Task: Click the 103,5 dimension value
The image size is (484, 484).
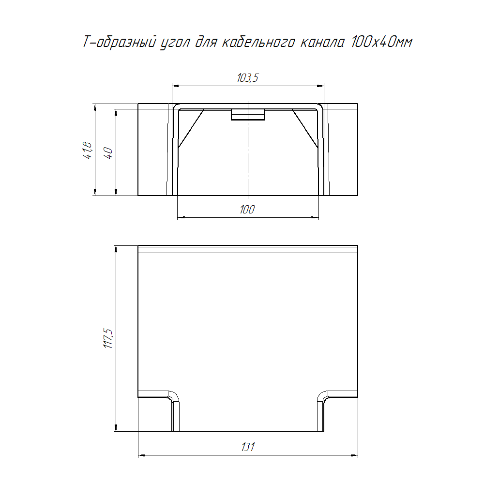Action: tap(247, 77)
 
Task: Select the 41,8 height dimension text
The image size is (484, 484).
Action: tap(88, 151)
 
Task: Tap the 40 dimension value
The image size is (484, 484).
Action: tap(108, 153)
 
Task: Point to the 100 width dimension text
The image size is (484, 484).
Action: tap(247, 210)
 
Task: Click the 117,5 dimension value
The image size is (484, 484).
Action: tap(108, 339)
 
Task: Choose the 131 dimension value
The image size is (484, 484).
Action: tap(248, 447)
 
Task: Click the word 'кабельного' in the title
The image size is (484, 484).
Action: tap(258, 42)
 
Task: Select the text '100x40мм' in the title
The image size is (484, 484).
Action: tap(381, 42)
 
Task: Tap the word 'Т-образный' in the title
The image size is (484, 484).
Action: tap(119, 42)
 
